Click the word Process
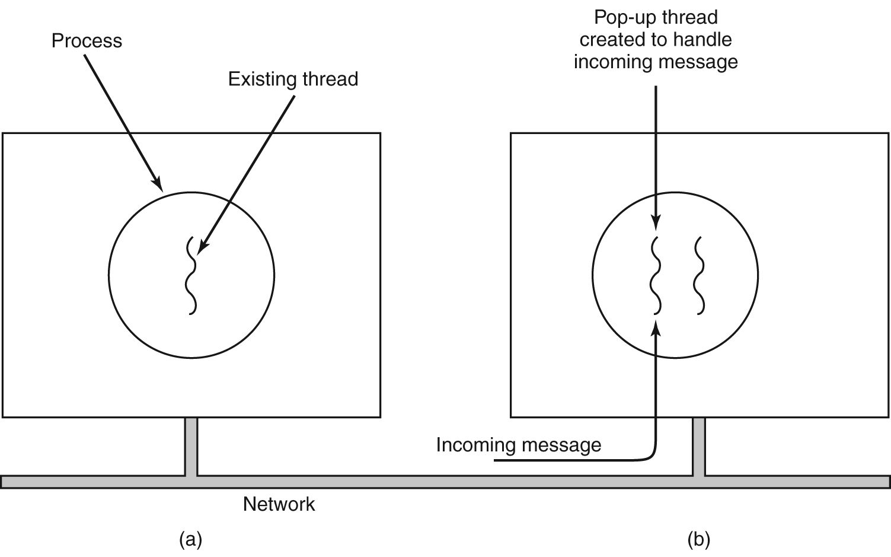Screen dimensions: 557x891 point(87,41)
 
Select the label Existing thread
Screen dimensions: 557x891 point(293,79)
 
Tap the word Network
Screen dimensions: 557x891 point(279,504)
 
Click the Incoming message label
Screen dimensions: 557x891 point(518,445)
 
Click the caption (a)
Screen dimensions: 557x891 point(190,540)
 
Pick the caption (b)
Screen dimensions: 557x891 point(699,540)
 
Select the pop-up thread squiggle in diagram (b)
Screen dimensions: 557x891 point(656,275)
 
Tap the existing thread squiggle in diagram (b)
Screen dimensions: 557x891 point(700,275)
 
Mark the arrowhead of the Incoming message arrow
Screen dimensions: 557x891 point(656,326)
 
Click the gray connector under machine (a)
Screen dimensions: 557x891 point(191,447)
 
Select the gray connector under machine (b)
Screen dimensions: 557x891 point(699,447)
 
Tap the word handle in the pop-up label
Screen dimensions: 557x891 point(705,40)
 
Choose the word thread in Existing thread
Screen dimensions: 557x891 point(330,79)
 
